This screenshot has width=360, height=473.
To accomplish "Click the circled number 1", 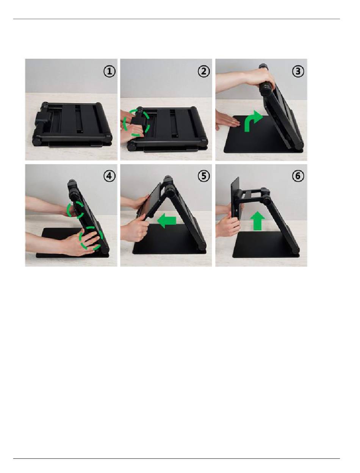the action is [x=110, y=72].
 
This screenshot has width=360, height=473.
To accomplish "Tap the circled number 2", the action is [x=203, y=72].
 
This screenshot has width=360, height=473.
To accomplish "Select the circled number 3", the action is [x=298, y=72].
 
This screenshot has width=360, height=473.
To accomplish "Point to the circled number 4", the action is [x=110, y=176].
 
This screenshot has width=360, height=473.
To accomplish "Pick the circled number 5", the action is [x=203, y=176].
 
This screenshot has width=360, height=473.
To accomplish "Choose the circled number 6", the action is [x=298, y=176].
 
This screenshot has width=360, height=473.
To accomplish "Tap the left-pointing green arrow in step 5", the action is [x=166, y=221].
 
